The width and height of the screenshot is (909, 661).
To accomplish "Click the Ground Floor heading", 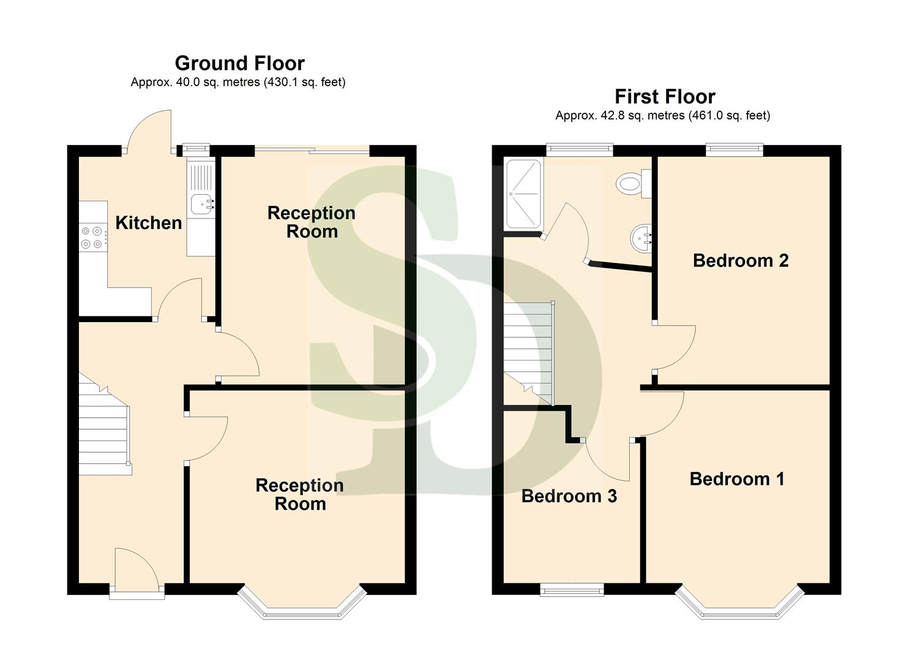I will click(x=239, y=63).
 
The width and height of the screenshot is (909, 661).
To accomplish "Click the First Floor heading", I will click(x=664, y=97).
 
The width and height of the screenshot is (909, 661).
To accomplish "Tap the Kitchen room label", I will click(x=148, y=223).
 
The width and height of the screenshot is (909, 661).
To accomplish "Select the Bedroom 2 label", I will click(x=740, y=261).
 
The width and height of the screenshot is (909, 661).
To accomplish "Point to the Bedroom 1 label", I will click(x=736, y=479).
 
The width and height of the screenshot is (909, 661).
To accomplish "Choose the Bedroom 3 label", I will click(x=569, y=496).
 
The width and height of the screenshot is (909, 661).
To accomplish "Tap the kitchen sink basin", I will click(x=201, y=204).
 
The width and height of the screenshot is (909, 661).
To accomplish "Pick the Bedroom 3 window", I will click(x=572, y=589).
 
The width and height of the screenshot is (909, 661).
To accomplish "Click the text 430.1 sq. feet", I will click(x=304, y=82).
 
